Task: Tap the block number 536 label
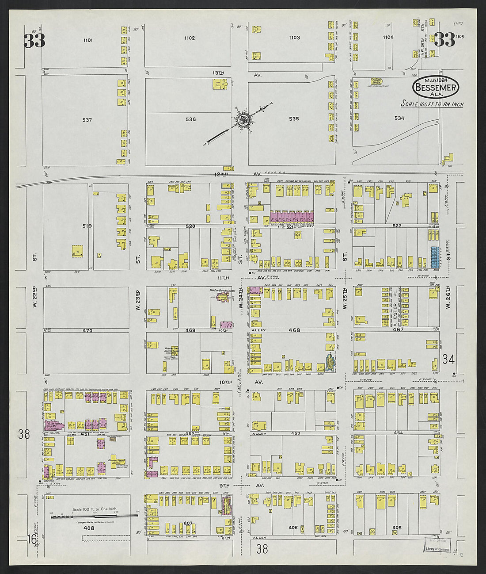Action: click(191, 119)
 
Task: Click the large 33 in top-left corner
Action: click(34, 41)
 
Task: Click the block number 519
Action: click(87, 226)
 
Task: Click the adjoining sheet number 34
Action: click(449, 359)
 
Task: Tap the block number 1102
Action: click(189, 38)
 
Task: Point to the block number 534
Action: click(399, 118)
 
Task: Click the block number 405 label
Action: click(397, 528)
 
